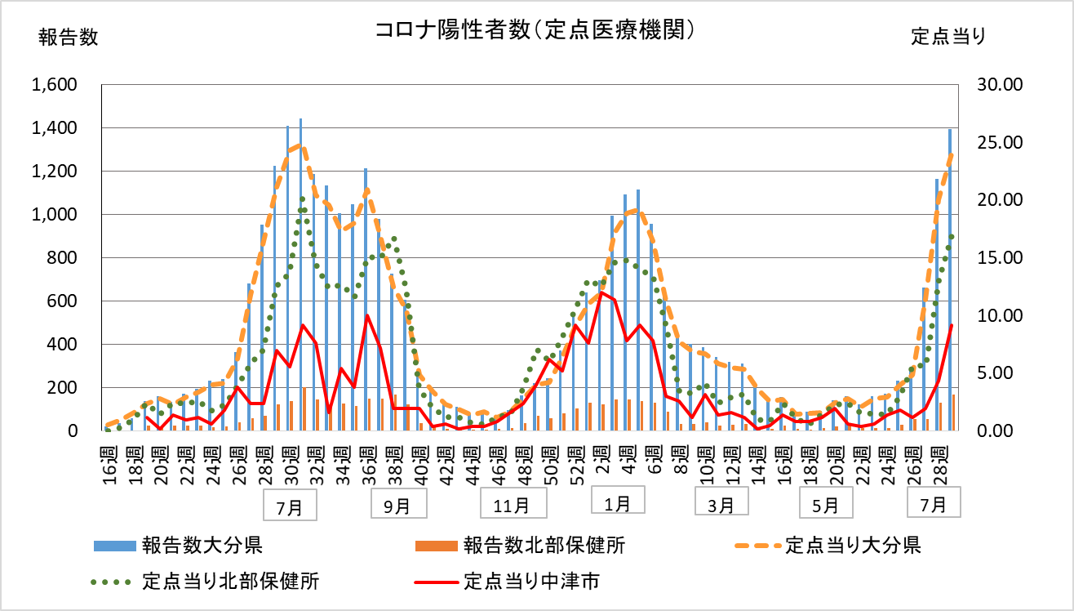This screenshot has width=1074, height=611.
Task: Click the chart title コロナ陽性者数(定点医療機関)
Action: pos(536,30)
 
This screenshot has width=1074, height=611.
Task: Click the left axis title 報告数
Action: pos(68,38)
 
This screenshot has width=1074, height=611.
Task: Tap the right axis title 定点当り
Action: pos(948,37)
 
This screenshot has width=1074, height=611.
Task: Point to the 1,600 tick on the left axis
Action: pos(54,85)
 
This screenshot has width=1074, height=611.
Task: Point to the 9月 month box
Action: pos(397,506)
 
